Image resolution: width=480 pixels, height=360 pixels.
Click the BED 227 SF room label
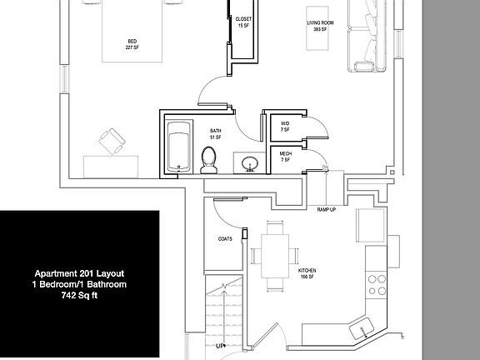pos(132,43)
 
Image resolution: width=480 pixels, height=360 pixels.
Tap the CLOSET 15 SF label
pos(243,22)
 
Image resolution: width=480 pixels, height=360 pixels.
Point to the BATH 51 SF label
pos(216,133)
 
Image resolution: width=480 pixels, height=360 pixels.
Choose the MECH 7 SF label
pos(285,157)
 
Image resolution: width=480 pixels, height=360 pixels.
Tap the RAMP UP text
pos(327,209)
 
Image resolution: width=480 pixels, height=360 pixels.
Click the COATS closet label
pos(225,239)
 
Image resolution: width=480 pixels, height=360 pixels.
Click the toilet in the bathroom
pos(208,159)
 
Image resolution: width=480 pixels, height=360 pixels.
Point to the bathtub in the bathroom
pos(177,147)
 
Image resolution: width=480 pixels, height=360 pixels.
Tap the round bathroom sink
pos(248,163)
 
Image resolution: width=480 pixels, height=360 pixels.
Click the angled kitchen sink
pos(364,331)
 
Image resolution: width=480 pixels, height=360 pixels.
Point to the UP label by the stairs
pos(220,345)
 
